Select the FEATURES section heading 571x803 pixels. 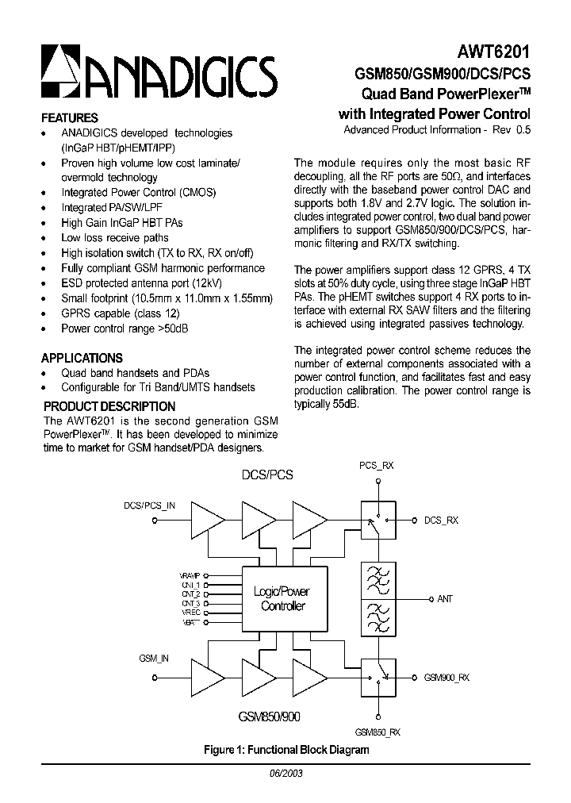[70, 117]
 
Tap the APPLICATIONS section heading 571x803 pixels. [82, 358]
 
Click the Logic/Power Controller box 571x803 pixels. [283, 598]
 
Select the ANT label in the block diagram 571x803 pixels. [445, 598]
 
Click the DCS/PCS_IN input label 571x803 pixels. [150, 505]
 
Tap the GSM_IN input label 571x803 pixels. [153, 658]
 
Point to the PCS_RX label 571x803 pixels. [376, 467]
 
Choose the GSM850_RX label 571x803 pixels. [377, 732]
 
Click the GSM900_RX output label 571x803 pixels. [446, 678]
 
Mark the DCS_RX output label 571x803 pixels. [442, 521]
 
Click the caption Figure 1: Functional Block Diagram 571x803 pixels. [286, 748]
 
